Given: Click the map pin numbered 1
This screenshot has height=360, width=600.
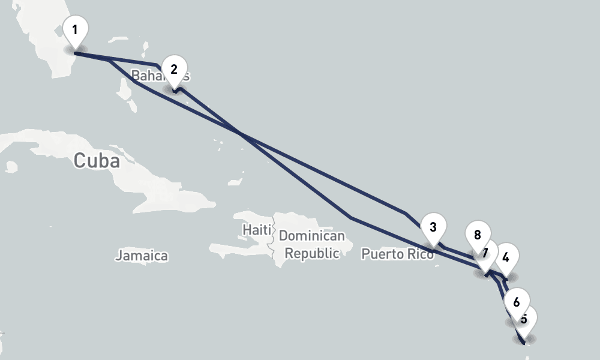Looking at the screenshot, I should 74,31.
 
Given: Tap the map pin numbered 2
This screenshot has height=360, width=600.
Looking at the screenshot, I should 174,70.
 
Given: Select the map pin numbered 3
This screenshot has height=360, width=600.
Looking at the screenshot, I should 433,228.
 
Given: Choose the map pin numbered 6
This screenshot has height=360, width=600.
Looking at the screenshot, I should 517,299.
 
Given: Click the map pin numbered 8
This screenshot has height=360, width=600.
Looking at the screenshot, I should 478,235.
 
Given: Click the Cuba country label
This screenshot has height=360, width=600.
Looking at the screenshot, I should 97,161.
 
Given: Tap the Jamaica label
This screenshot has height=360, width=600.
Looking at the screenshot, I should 142,256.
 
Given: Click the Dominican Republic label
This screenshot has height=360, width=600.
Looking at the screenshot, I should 312,245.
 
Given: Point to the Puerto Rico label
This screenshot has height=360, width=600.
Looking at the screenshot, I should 397,254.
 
